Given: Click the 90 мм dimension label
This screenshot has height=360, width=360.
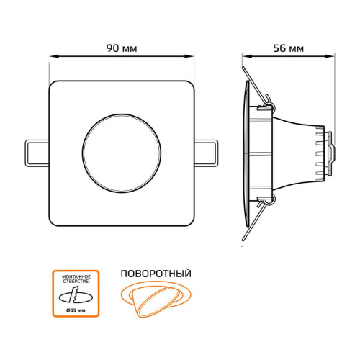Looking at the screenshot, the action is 122,48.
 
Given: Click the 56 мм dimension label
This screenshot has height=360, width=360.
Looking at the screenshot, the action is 288,48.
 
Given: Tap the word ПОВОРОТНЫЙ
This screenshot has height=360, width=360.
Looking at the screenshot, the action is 156,274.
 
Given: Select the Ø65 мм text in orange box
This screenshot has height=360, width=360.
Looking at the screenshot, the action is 76,310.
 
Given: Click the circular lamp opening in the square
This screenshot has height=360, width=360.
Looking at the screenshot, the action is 122,153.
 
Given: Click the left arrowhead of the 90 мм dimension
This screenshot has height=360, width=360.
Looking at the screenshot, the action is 54,56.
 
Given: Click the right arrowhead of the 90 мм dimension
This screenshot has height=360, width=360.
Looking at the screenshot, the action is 189,56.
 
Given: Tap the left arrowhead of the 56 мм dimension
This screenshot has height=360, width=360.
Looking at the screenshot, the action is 246,56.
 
